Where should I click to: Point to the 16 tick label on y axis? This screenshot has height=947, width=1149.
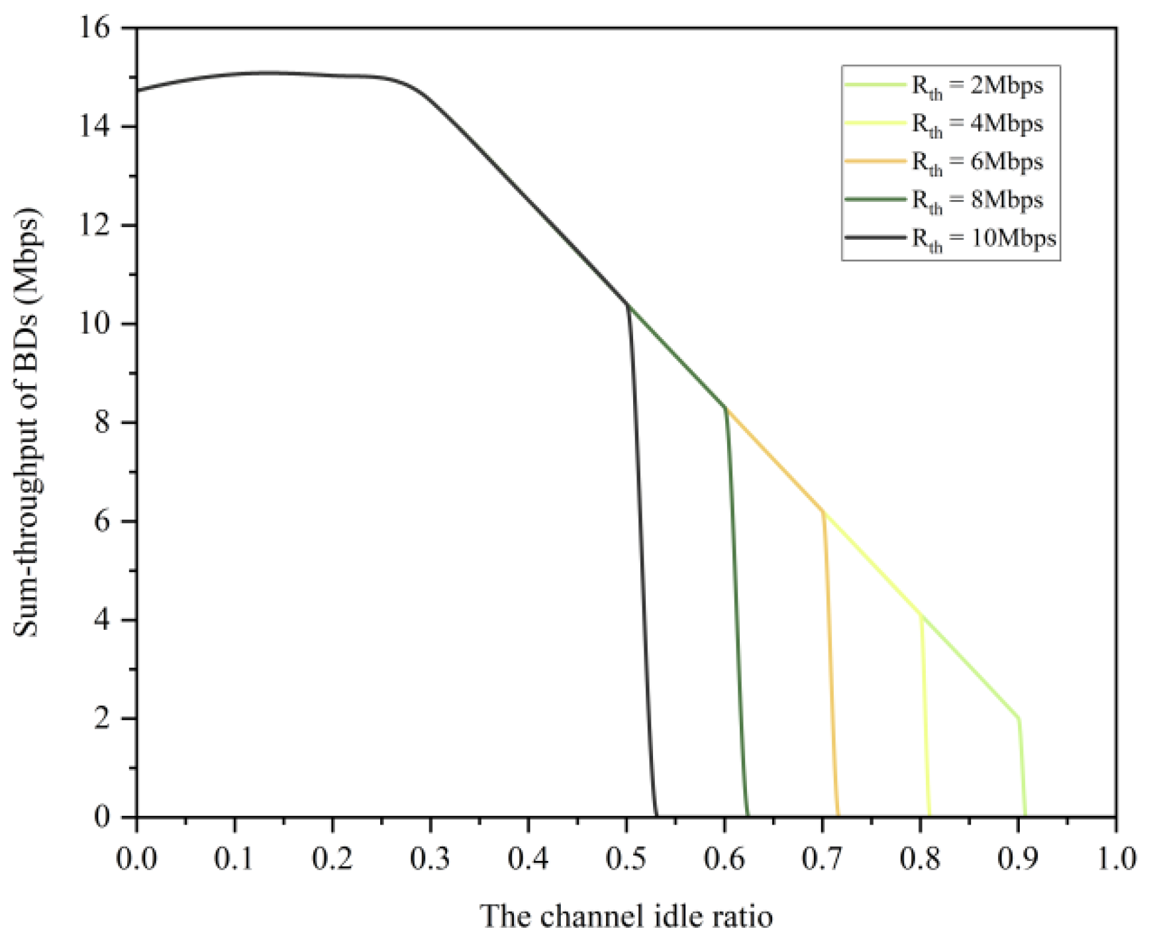[x=97, y=28]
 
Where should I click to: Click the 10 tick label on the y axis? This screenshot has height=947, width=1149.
[x=97, y=324]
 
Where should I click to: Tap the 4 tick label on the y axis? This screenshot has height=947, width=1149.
[x=103, y=621]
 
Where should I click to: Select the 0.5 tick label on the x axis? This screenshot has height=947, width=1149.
[x=626, y=859]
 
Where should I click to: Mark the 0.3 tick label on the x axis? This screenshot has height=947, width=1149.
[x=430, y=859]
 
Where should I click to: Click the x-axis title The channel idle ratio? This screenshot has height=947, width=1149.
[x=626, y=917]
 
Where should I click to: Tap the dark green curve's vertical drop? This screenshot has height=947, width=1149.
[x=735, y=609]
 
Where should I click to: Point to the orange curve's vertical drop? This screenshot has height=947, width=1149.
[x=830, y=662]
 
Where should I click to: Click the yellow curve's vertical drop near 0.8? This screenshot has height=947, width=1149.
[x=925, y=715]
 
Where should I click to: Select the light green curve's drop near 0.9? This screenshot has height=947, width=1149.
[x=1023, y=768]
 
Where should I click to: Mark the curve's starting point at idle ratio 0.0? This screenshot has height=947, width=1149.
[x=138, y=90]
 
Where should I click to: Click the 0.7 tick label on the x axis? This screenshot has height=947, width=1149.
[x=822, y=859]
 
